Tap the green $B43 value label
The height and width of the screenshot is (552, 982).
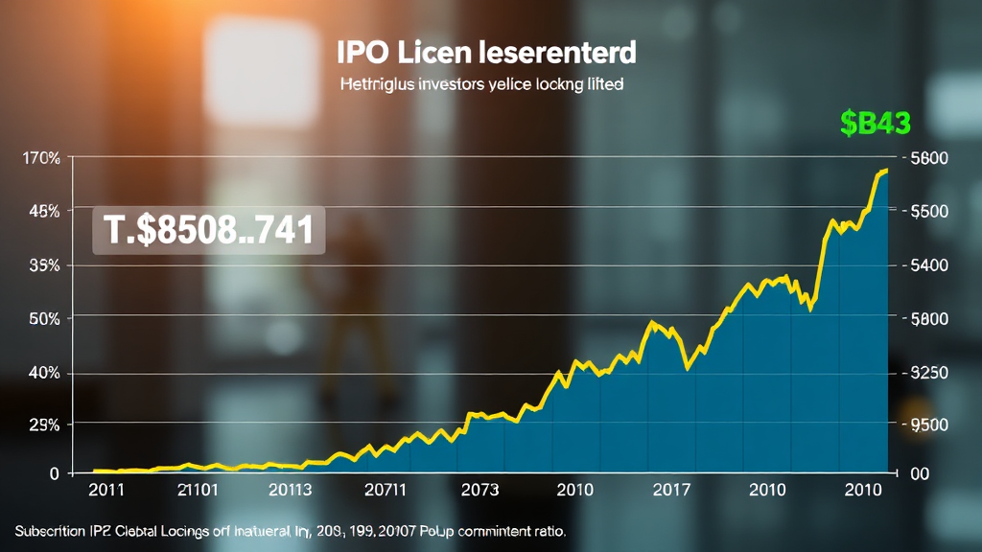pos(875,123)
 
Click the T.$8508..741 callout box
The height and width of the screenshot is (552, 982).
pos(208,231)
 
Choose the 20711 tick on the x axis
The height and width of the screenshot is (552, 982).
pos(386,491)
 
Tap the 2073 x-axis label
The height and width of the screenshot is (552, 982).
pos(479,491)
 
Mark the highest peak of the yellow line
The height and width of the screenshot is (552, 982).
pos(885,170)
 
